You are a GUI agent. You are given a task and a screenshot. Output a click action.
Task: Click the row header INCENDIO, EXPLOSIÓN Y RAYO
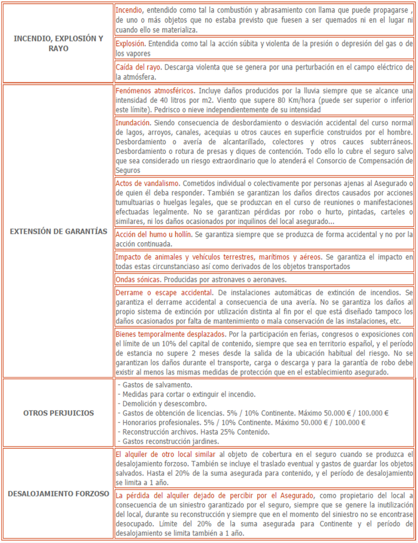58,43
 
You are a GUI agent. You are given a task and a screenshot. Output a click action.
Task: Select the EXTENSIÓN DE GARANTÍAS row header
58,231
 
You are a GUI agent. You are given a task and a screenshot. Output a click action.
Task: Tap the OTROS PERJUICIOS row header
58,412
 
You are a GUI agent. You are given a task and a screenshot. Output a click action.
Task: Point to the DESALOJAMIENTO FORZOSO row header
58,494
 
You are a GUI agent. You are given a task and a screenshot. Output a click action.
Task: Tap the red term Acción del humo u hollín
153,234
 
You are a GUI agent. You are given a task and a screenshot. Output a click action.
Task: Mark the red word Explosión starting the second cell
130,44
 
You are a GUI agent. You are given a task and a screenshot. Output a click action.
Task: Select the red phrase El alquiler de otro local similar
166,453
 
